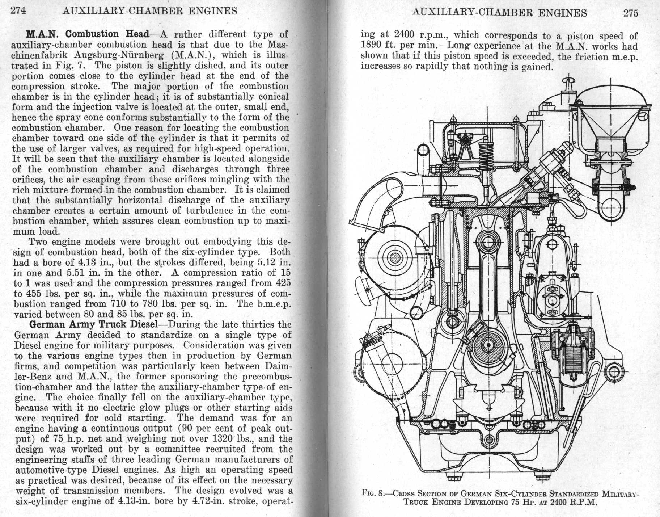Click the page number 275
click(631, 13)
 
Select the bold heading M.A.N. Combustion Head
click(88, 34)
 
